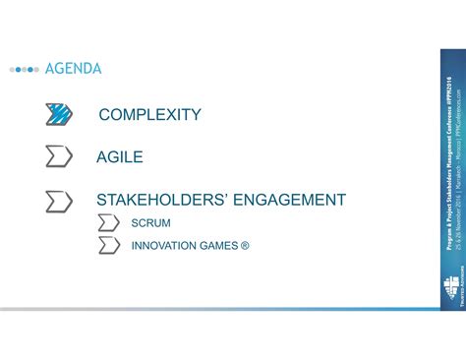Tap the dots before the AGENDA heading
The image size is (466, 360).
point(25,70)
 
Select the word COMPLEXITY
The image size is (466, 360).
point(149,116)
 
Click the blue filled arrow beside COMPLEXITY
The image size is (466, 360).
point(59,115)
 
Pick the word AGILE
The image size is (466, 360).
point(120,157)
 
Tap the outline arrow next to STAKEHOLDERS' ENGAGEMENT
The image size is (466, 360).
point(59,201)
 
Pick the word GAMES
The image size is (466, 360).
point(221,245)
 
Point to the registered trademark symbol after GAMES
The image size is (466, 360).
point(245,245)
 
